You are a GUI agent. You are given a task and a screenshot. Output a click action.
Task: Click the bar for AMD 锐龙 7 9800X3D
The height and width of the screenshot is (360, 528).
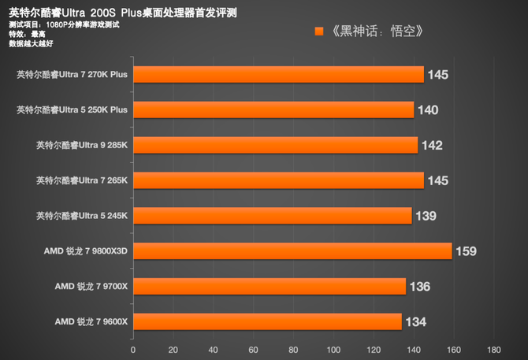pyautogui.click(x=292, y=251)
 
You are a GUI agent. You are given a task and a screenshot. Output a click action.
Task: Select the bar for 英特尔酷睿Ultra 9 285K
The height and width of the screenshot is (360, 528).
pyautogui.click(x=275, y=145)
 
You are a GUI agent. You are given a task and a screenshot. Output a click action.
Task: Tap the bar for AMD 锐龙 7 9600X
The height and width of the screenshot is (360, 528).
pyautogui.click(x=267, y=321)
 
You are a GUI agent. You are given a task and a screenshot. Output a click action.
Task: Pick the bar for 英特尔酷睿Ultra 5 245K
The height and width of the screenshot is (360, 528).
pyautogui.click(x=272, y=216)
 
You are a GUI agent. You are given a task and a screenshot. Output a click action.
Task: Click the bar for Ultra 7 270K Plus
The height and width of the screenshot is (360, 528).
pyautogui.click(x=278, y=75)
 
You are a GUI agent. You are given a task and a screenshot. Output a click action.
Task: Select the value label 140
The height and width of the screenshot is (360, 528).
pyautogui.click(x=428, y=110)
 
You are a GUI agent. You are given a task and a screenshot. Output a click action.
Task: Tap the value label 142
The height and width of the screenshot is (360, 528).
pyautogui.click(x=432, y=145)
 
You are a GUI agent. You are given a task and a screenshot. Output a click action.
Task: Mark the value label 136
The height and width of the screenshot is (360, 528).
pyautogui.click(x=420, y=286)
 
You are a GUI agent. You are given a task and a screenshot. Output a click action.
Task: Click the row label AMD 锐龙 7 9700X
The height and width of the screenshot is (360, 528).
pyautogui.click(x=91, y=286)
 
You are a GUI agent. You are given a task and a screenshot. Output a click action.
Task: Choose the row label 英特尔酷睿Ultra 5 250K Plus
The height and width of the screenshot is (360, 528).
pyautogui.click(x=72, y=110)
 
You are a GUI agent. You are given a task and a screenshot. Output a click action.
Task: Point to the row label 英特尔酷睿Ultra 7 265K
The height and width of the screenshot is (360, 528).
pyautogui.click(x=82, y=180)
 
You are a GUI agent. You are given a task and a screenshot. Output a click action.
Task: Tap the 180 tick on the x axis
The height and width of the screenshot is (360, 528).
pyautogui.click(x=494, y=349)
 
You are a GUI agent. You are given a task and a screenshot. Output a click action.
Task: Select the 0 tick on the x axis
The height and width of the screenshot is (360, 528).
pyautogui.click(x=133, y=349)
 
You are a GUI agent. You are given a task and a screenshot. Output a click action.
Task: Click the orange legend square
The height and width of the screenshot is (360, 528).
pyautogui.click(x=319, y=32)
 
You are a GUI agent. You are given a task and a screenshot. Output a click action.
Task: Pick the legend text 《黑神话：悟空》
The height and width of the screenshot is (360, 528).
pyautogui.click(x=378, y=32)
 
